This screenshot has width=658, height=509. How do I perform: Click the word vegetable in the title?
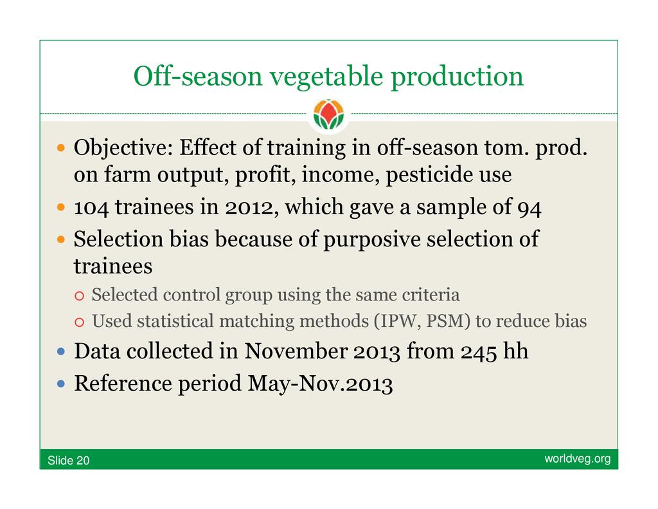[x=326, y=77]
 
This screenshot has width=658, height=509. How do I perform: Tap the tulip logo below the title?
[x=328, y=115]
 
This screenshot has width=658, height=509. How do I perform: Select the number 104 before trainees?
[x=91, y=207]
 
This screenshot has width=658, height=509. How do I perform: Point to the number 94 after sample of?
[x=529, y=208]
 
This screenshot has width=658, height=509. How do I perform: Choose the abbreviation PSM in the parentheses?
[x=445, y=322]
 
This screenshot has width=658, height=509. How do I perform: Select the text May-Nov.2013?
[x=320, y=384]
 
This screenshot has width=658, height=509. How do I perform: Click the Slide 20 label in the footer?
[x=68, y=461]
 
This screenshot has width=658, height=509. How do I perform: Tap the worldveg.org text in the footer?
[x=578, y=459]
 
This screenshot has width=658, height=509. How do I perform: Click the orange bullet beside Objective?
[x=61, y=148]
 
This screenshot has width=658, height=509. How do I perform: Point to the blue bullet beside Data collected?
[x=61, y=351]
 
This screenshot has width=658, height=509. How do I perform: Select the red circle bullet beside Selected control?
[x=79, y=296]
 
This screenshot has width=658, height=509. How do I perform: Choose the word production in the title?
[x=457, y=77]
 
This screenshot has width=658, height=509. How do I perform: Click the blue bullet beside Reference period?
[x=61, y=384]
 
